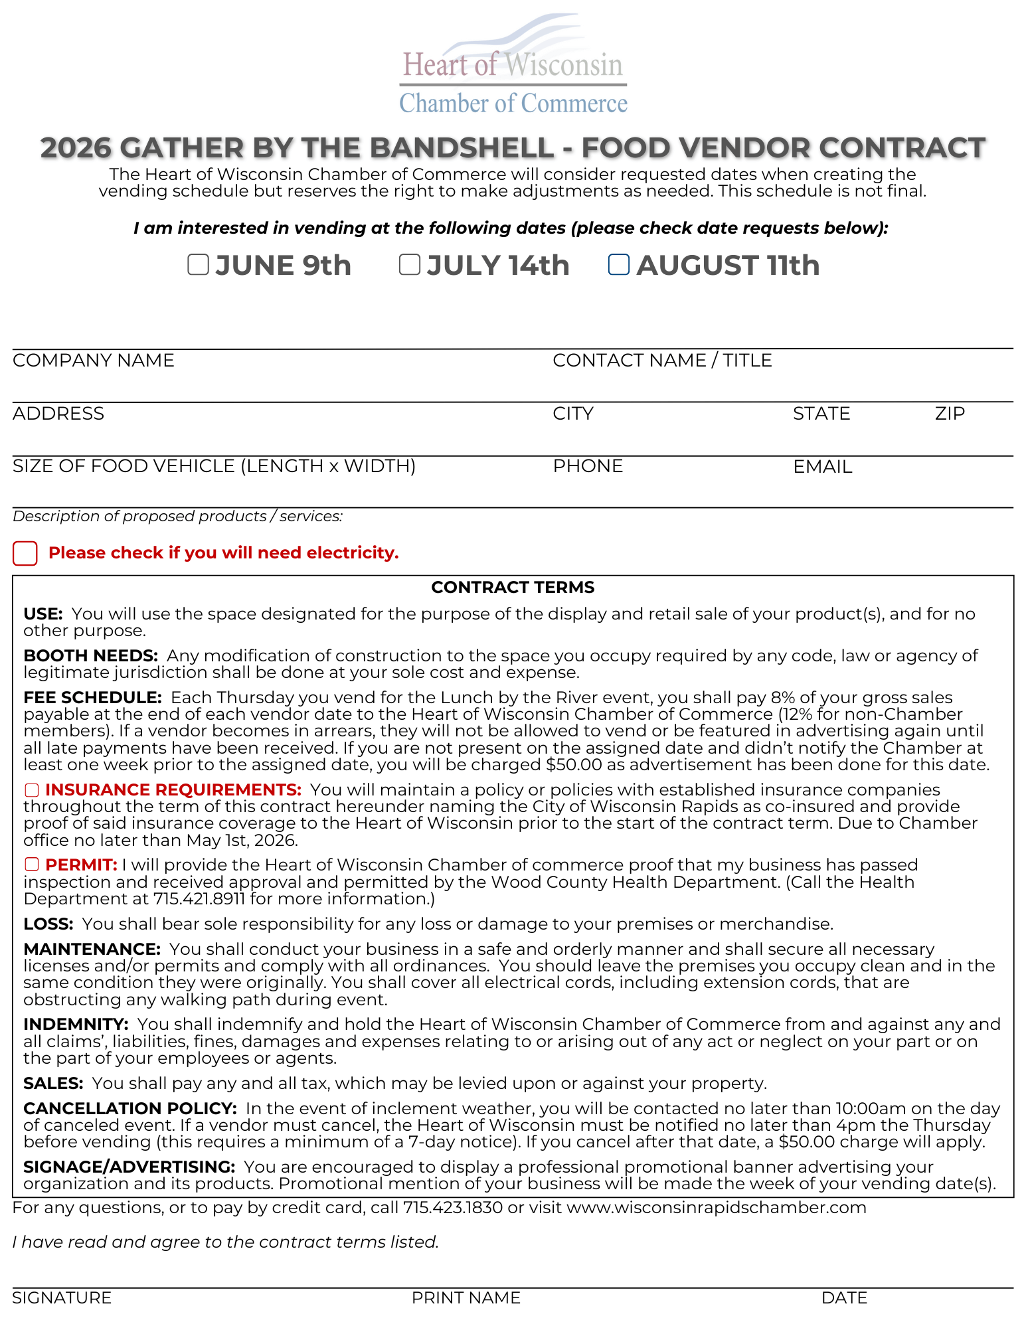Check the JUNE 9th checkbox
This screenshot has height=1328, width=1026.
tap(198, 264)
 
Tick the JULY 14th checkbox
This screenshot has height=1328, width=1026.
tap(409, 264)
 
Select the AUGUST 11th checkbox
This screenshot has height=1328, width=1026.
tap(619, 264)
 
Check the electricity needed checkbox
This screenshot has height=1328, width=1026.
tap(25, 553)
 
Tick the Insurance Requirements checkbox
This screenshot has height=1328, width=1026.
tap(32, 790)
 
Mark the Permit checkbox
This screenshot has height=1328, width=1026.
tap(32, 865)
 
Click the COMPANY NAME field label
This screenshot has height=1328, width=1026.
tap(94, 361)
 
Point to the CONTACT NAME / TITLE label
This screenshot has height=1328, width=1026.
tap(662, 361)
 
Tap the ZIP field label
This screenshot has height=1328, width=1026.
tap(950, 414)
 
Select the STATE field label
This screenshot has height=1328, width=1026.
tap(821, 414)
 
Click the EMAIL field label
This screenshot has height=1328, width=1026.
tap(822, 467)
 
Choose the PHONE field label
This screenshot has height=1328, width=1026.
tap(588, 467)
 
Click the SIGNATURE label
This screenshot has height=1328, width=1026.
tap(62, 1297)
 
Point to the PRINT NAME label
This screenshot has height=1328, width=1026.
tap(466, 1297)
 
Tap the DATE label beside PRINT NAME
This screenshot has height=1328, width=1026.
tap(844, 1297)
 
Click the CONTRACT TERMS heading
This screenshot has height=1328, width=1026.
tap(513, 588)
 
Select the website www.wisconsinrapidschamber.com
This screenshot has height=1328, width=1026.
tap(716, 1207)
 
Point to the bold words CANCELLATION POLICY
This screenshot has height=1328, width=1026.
tap(130, 1109)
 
